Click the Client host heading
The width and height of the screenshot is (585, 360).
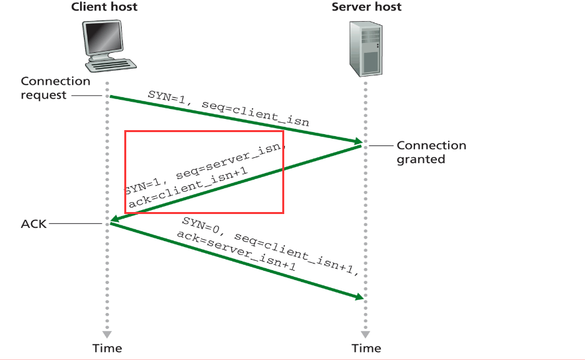[104, 7]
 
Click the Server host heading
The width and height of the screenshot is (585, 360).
[366, 7]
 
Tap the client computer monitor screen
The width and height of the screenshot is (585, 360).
[103, 37]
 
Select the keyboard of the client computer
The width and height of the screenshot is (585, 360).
[111, 65]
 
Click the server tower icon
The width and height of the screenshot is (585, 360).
[366, 49]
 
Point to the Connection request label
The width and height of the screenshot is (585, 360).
[56, 88]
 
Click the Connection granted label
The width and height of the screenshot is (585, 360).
[431, 152]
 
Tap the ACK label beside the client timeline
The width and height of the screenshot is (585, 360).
[34, 224]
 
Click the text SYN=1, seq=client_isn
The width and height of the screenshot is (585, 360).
[228, 108]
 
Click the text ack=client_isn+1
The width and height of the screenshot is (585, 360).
[188, 187]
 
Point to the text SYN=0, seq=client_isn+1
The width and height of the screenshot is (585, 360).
[270, 246]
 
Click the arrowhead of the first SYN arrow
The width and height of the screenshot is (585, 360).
[358, 141]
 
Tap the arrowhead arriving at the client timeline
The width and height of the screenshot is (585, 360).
[115, 219]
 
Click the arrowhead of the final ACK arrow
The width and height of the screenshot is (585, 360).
[359, 297]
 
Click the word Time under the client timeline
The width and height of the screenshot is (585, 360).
[107, 348]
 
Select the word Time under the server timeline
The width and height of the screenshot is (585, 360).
[366, 348]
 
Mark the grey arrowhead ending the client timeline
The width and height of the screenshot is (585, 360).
[107, 334]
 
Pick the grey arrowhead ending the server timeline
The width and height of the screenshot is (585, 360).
[366, 334]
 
